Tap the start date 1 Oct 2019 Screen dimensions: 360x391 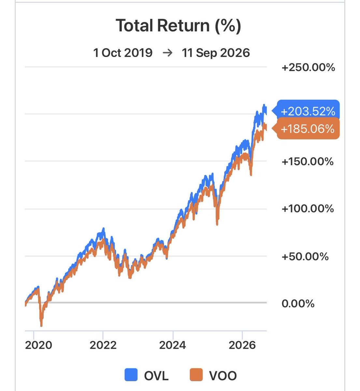123,53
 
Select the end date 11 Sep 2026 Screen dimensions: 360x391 216,53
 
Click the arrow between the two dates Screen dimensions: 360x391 167,53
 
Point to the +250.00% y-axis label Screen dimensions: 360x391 308,67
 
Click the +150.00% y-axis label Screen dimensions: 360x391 308,162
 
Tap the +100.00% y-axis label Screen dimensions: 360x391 308,209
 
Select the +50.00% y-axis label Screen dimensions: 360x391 305,256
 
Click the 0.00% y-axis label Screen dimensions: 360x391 298,303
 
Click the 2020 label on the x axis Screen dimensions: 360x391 38,345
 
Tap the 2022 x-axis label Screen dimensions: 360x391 103,345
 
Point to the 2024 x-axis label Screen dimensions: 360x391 172,345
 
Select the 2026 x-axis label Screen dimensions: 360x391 242,345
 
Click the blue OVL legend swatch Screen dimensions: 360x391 131,375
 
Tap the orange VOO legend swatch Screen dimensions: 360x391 196,375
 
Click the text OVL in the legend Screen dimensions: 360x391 156,376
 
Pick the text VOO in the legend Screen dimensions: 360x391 223,376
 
